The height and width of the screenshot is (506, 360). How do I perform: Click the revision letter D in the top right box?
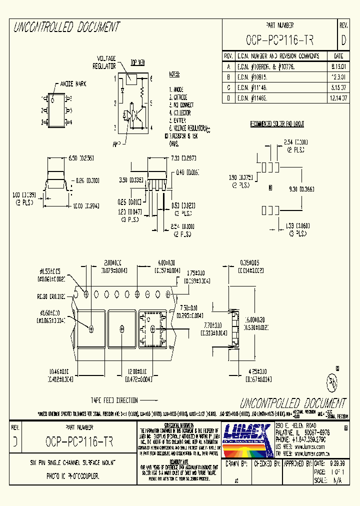coord(343,40)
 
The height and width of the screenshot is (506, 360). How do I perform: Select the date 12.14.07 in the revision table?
coord(338,99)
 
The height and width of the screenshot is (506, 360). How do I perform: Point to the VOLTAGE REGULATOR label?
coord(104,62)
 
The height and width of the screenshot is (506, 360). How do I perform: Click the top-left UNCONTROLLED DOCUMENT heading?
coord(66,27)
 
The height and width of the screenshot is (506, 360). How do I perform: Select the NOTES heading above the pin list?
coord(173,74)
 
